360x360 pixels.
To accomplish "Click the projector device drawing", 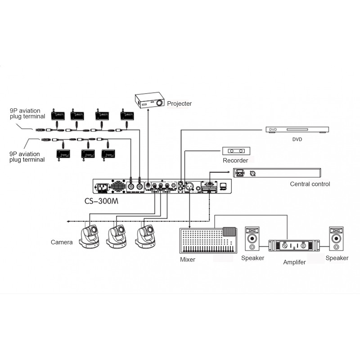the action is (x=150, y=100).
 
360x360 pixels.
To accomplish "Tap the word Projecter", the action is (x=179, y=103).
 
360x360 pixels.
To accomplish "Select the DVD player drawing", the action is (x=297, y=130).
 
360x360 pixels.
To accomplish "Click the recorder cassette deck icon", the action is (x=236, y=151).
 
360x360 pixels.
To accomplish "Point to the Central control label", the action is (x=310, y=184).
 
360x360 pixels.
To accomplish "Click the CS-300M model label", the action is (x=101, y=201).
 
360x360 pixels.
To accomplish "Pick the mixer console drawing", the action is (x=208, y=240).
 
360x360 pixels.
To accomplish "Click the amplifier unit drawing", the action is (x=294, y=245).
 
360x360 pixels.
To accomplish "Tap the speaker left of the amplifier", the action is (x=252, y=238).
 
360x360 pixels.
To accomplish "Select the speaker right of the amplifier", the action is (x=336, y=238).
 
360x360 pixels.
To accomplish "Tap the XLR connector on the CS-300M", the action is (x=189, y=186).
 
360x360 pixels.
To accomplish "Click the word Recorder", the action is (x=235, y=161).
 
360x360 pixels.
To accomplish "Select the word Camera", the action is (x=62, y=242).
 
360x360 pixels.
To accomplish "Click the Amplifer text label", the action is (x=294, y=262).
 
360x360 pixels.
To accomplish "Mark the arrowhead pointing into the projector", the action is (x=148, y=110).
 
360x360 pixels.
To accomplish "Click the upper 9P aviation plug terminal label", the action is (x=27, y=113).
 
